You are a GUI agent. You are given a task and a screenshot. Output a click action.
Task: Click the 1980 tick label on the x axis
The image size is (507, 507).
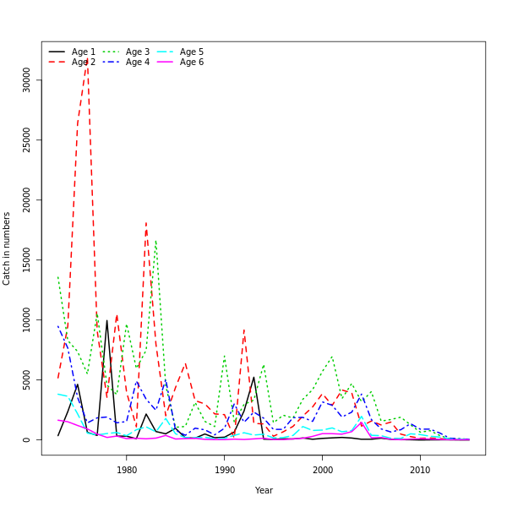[127, 470]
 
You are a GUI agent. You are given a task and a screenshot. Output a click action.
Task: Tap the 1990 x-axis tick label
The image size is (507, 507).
[225, 470]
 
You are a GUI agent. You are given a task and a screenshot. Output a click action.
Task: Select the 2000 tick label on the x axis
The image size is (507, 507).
[323, 470]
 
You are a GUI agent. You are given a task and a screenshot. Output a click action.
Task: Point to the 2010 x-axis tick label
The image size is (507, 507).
[420, 470]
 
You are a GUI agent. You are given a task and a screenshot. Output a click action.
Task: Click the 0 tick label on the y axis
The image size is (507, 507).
[27, 439]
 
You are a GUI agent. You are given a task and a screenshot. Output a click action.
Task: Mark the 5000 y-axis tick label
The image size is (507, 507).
[27, 380]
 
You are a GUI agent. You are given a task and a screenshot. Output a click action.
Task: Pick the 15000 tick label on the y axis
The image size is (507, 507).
[27, 260]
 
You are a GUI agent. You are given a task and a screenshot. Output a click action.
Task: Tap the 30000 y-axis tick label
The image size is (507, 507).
[27, 80]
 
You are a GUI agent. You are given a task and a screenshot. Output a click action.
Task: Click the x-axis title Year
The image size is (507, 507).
[264, 490]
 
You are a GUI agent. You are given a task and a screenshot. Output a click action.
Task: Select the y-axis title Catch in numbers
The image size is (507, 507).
[7, 248]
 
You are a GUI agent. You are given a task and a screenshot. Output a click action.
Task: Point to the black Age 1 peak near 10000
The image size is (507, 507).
[106, 319]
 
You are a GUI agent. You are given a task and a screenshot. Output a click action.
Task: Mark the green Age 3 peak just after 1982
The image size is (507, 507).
[155, 240]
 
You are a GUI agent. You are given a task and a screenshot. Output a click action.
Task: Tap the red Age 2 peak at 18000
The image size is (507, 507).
[145, 223]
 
